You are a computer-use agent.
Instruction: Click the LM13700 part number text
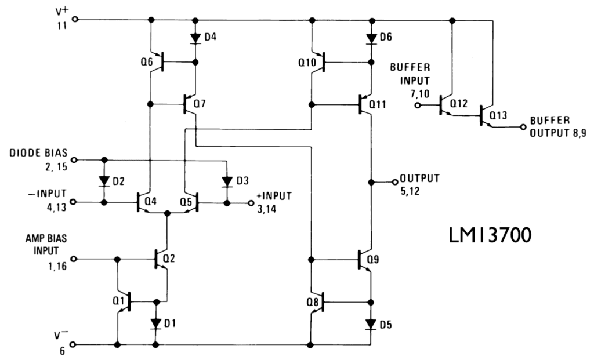[x=491, y=236]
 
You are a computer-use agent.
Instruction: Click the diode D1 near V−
[x=155, y=323]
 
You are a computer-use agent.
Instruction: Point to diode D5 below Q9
[x=371, y=323]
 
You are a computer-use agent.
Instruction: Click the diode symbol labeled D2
[x=104, y=181]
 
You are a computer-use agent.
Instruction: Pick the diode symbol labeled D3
[x=227, y=181]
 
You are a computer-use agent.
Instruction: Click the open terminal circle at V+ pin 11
[x=74, y=19]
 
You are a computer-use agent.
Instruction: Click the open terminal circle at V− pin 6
[x=74, y=344]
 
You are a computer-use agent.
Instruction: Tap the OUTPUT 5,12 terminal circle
[x=394, y=181]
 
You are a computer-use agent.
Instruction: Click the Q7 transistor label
[x=200, y=104]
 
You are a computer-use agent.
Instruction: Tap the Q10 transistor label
[x=307, y=61]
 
